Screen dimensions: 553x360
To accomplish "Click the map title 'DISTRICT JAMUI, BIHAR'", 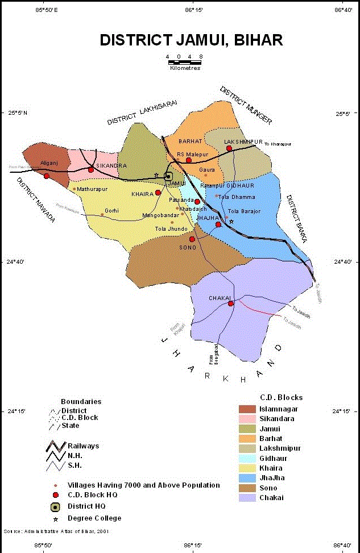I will point(191,40).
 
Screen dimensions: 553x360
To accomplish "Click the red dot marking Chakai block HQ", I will point(231,303).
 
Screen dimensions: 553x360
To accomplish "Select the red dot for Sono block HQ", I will point(192,239).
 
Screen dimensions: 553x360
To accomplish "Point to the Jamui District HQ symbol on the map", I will point(169,176).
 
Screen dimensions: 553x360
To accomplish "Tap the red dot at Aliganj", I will point(47,176).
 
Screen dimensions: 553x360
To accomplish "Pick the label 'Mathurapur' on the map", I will point(92,189).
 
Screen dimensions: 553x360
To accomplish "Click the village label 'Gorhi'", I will point(112,211).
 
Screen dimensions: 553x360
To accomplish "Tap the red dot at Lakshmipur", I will point(229,148).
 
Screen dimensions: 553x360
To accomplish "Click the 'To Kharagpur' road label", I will point(278,144).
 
